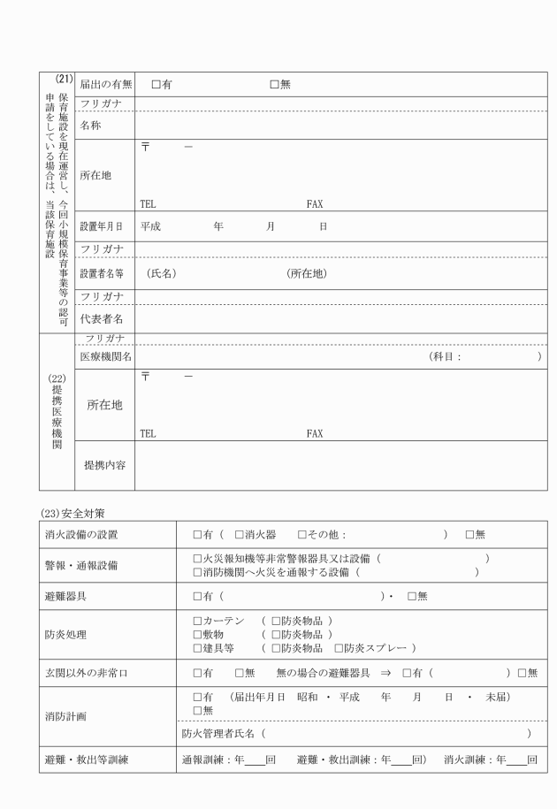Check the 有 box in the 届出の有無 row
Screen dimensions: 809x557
tap(156, 84)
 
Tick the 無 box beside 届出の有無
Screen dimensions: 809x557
tap(274, 84)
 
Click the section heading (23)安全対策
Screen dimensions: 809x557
tap(74, 510)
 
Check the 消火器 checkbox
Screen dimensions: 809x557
tap(239, 535)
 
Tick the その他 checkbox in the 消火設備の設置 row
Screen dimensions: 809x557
tap(302, 535)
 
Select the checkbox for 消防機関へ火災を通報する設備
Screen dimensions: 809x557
tap(196, 573)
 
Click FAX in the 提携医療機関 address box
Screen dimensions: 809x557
tap(315, 434)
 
